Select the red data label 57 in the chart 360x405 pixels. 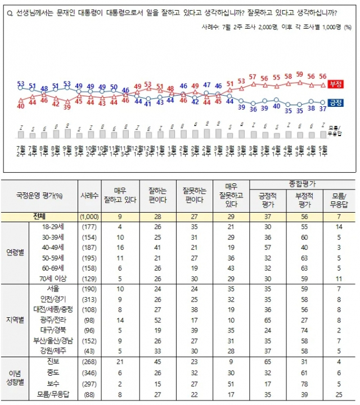pyautogui.click(x=253, y=77)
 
